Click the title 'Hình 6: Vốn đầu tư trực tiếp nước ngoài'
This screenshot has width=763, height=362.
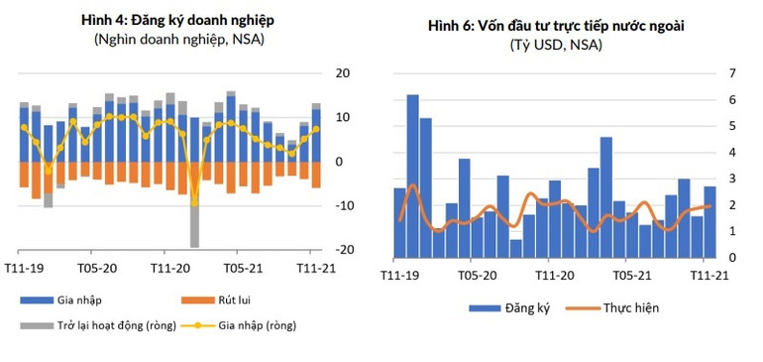click(561, 26)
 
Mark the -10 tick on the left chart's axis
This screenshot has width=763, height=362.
click(343, 205)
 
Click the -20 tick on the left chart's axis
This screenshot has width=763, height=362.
click(343, 250)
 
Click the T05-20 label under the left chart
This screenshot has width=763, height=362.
click(97, 268)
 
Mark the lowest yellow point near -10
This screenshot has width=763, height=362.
click(194, 203)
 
